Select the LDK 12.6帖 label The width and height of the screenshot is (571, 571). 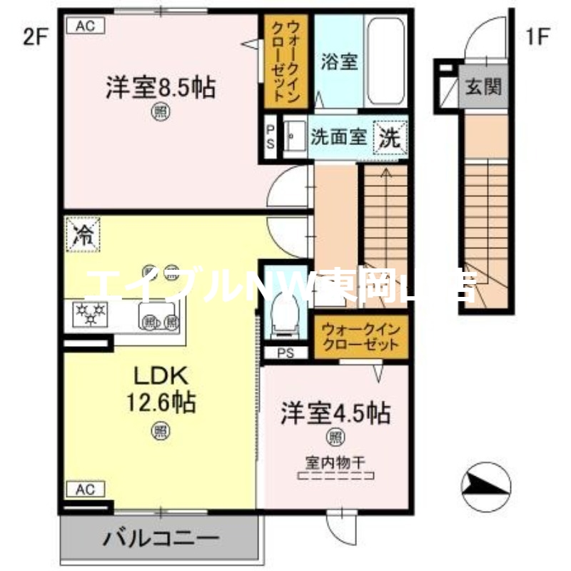[161, 389]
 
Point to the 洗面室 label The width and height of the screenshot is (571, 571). [338, 136]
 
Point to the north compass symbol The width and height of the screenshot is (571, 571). [486, 487]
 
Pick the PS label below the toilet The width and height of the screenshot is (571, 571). [285, 353]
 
